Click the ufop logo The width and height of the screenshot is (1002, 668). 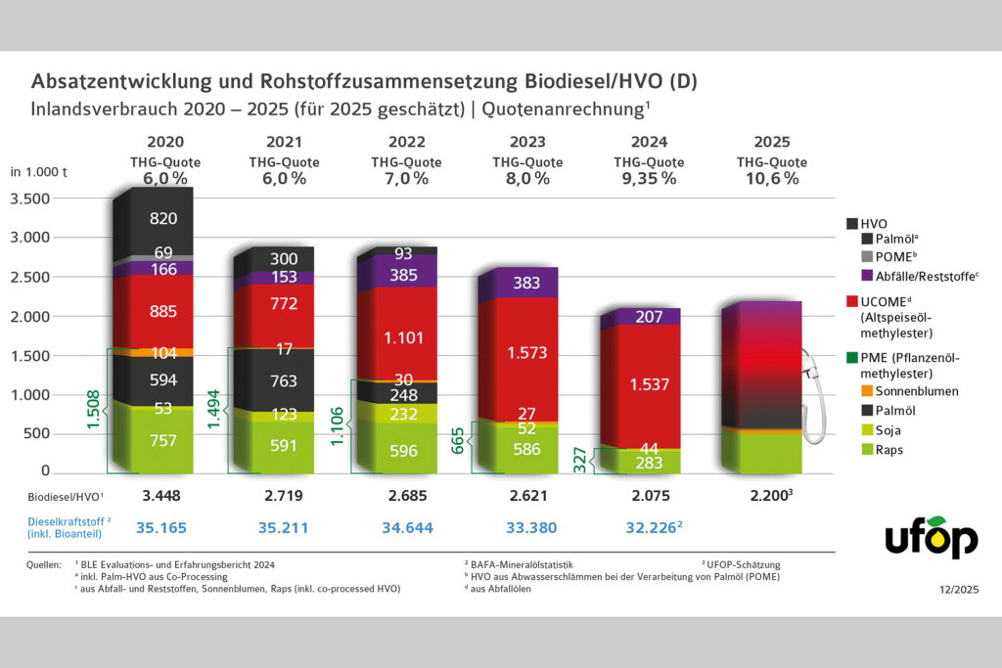pyautogui.click(x=931, y=537)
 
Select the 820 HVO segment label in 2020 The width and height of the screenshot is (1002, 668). pyautogui.click(x=163, y=218)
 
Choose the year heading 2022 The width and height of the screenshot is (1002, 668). pyautogui.click(x=407, y=142)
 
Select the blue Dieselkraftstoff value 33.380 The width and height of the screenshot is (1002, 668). pyautogui.click(x=532, y=528)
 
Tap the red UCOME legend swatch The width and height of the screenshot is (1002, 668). pyautogui.click(x=852, y=299)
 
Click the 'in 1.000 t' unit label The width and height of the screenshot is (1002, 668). pyautogui.click(x=38, y=171)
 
